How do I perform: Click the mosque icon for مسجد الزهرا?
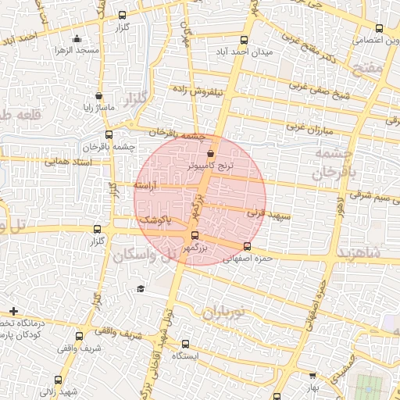[76, 40]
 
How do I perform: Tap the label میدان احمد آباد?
[244, 53]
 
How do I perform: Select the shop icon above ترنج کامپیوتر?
[212, 155]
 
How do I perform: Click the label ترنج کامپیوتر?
[211, 167]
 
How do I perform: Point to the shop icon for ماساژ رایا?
[98, 97]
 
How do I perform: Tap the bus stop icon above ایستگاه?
[185, 344]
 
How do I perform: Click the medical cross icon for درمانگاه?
[13, 311]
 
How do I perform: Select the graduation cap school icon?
[141, 289]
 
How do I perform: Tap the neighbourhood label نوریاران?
[223, 313]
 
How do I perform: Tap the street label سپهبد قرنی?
[269, 212]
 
